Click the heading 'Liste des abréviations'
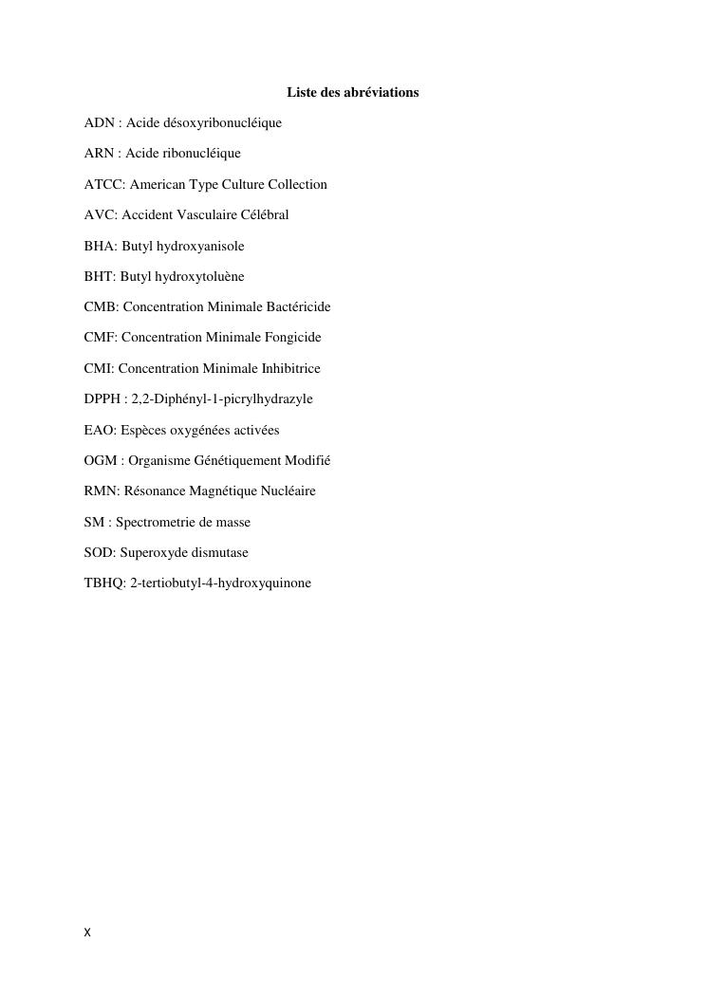352,93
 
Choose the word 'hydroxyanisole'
200,247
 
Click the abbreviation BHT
99,277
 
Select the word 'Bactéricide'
296,307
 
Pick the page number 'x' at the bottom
87,934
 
